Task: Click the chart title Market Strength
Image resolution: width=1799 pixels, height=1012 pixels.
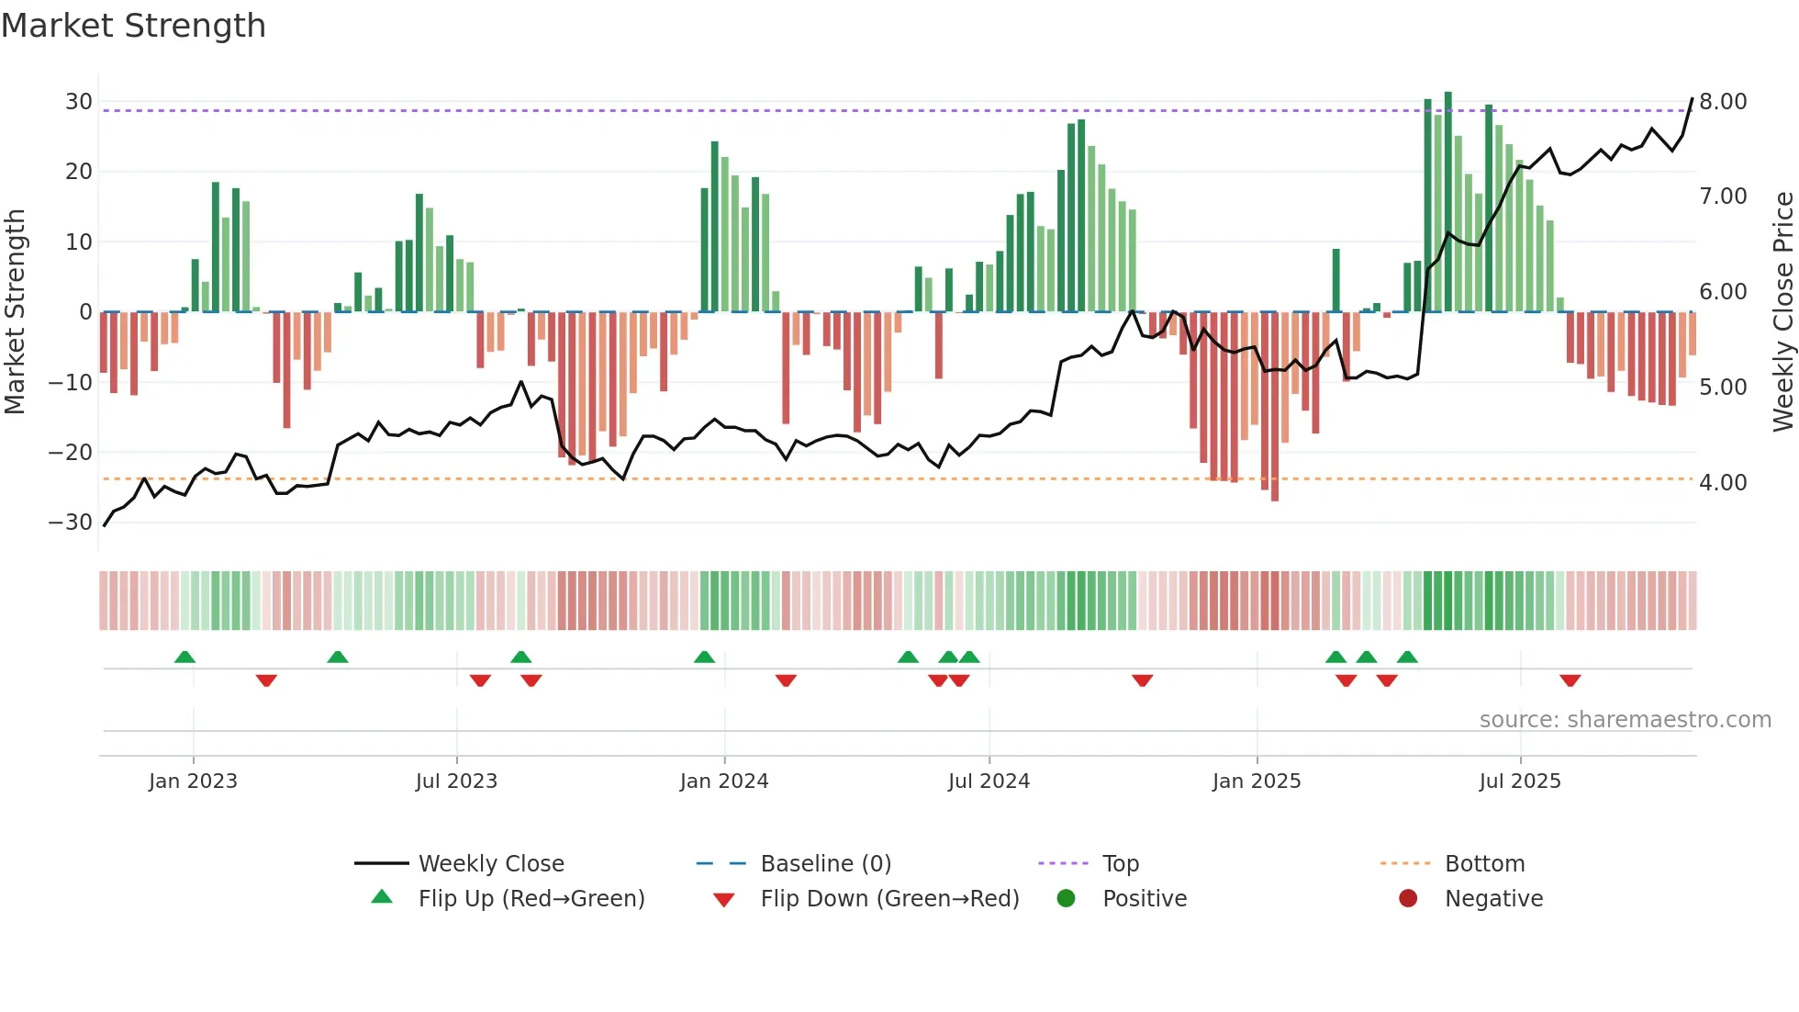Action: (133, 26)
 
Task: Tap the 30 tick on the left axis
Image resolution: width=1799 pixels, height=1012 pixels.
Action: (79, 102)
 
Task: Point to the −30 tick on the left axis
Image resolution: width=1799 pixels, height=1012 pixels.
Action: (71, 523)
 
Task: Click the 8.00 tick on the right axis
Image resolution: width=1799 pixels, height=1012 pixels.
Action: (1723, 102)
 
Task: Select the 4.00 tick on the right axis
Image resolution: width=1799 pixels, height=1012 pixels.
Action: (1723, 482)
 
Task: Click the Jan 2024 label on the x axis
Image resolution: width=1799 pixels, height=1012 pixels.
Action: (723, 781)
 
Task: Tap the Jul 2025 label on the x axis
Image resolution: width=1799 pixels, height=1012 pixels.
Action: (1519, 781)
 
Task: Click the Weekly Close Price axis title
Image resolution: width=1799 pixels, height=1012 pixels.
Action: (1782, 311)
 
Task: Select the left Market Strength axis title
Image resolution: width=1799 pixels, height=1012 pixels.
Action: (15, 311)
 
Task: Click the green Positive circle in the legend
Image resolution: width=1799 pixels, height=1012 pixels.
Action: (1066, 899)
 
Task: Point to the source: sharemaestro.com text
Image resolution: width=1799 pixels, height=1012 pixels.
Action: (1625, 720)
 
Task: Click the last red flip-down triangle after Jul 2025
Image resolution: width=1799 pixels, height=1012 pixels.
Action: (1570, 680)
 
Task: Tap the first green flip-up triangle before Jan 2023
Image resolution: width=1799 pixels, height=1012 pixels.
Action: (184, 657)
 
